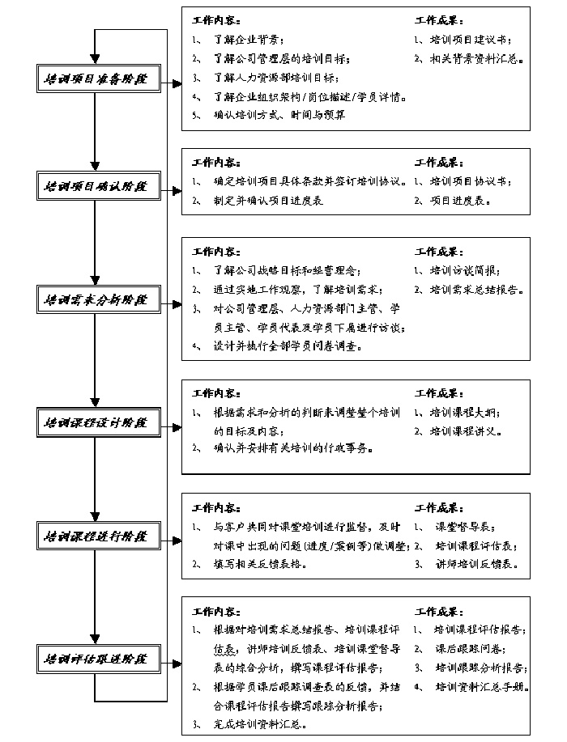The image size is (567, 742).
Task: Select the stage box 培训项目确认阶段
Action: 96,185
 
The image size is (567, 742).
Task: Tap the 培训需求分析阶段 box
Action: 96,300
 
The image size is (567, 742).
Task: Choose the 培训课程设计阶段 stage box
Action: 96,422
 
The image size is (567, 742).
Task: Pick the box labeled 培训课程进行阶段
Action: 96,536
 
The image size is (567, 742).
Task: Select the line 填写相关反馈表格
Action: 260,565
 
